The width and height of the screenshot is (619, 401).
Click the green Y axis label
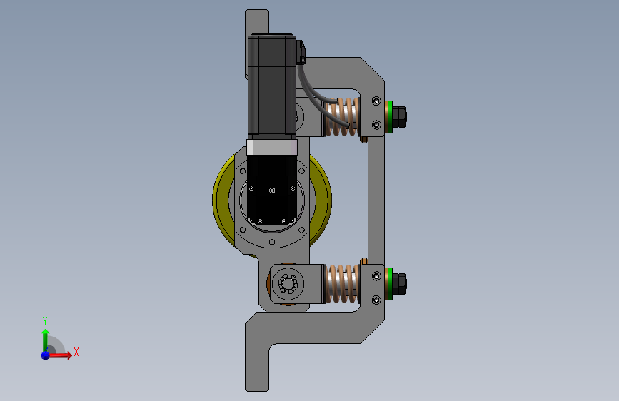click(45, 320)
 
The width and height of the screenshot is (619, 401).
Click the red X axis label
click(76, 352)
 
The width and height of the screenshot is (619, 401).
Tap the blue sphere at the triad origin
click(46, 355)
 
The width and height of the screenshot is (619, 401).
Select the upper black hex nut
click(399, 117)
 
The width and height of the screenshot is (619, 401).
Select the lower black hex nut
click(399, 284)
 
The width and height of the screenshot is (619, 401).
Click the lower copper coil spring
click(343, 284)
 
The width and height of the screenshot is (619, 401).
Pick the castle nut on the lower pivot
click(288, 284)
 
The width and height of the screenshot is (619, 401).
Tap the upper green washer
click(390, 117)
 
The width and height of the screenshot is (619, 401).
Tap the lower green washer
click(390, 284)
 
